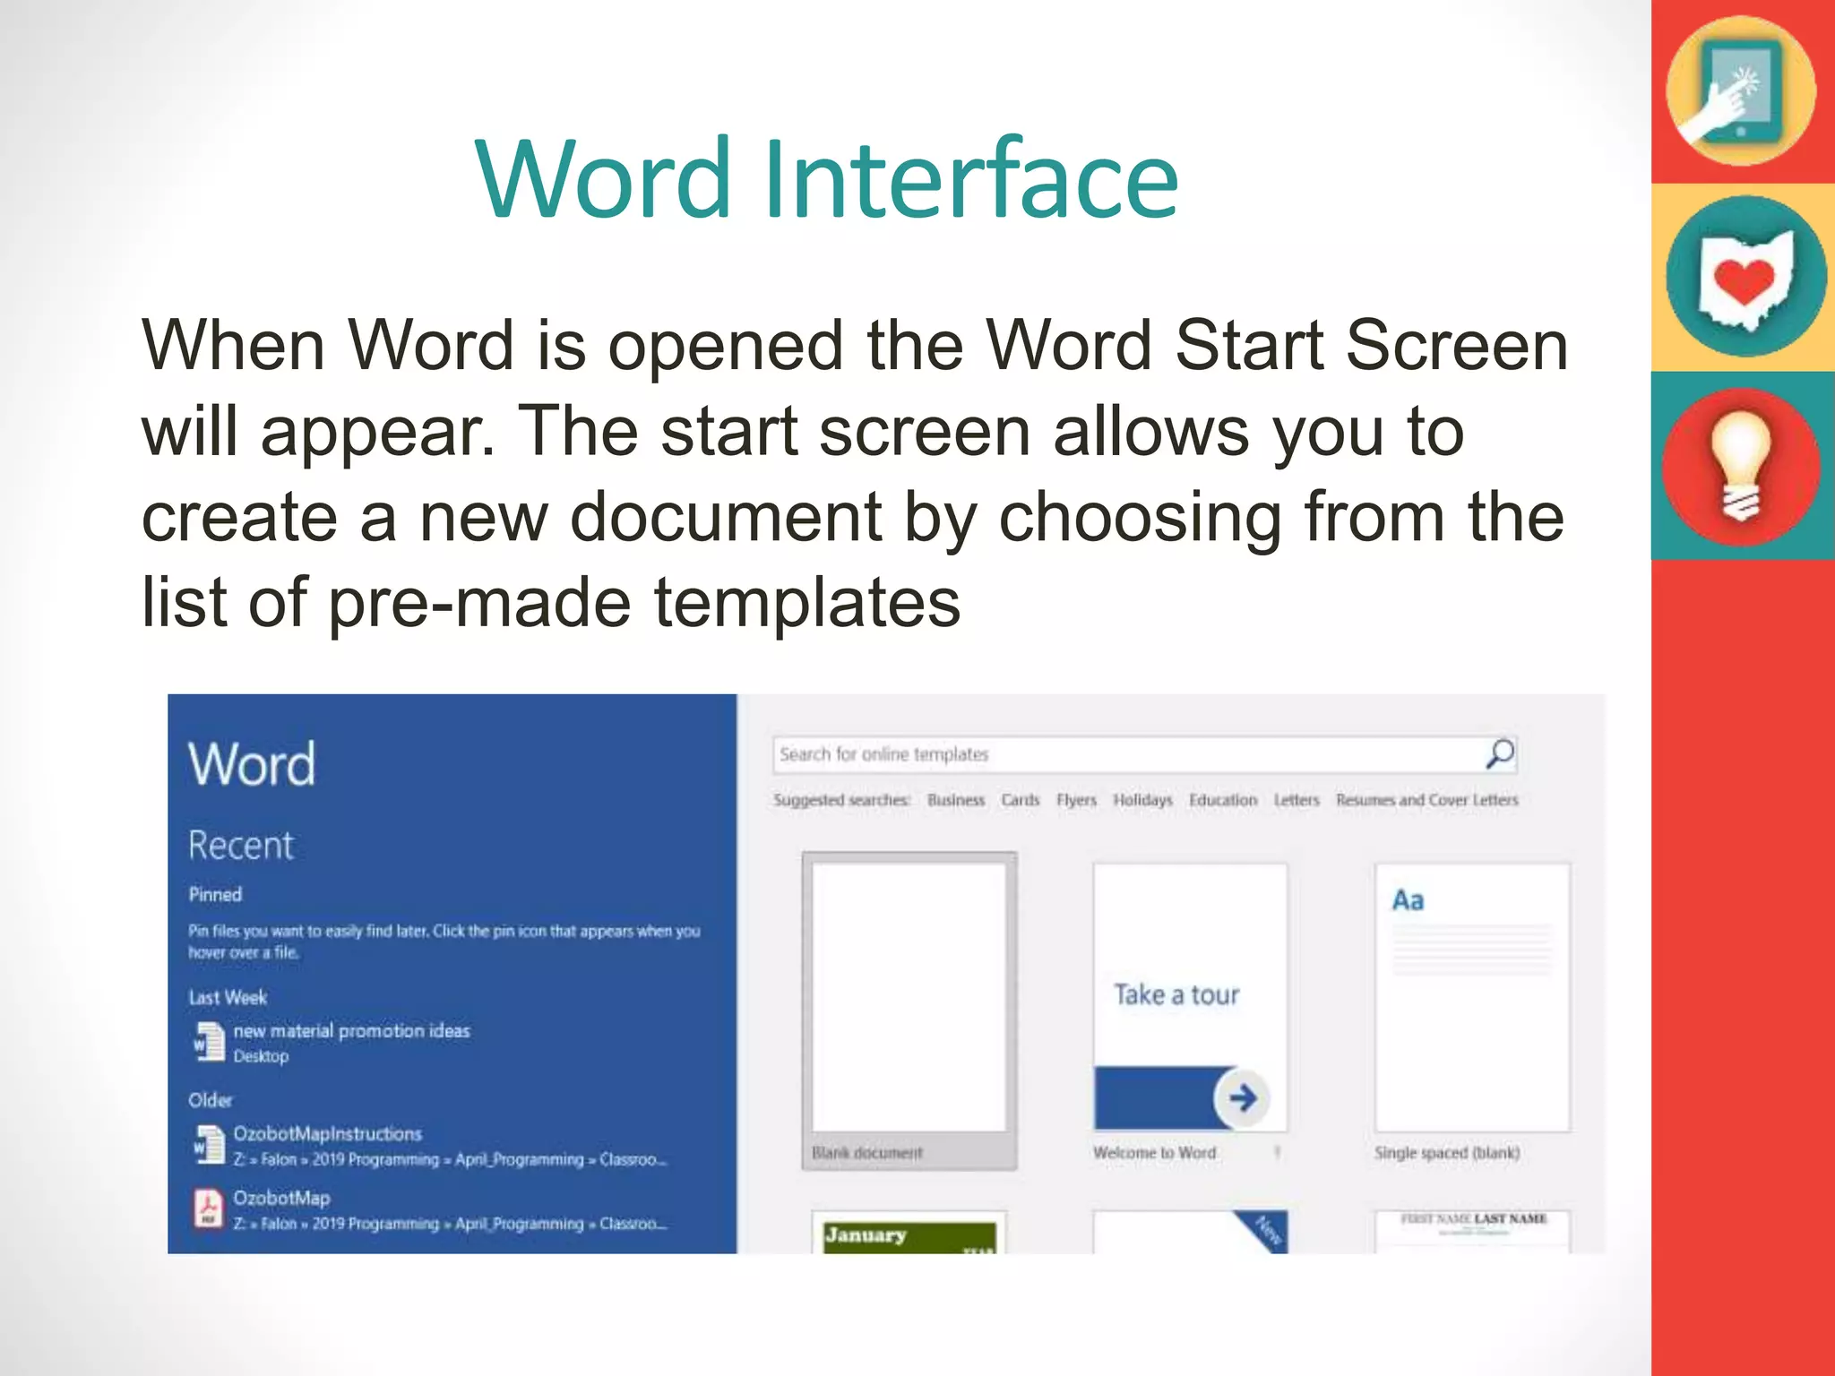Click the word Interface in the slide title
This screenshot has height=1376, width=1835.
(971, 179)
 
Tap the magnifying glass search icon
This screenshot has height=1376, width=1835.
(1499, 754)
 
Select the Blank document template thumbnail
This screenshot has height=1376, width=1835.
(909, 996)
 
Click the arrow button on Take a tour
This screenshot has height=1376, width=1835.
(1242, 1097)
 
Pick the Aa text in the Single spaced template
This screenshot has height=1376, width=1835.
(1408, 900)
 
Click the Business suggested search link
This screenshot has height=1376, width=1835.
(955, 800)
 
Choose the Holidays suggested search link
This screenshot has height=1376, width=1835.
(1142, 800)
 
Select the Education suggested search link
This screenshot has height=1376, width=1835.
(1223, 800)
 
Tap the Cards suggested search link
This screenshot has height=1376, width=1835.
(1020, 800)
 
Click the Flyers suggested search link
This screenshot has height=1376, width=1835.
(1076, 800)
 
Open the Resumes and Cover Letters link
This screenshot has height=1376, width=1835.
(1426, 800)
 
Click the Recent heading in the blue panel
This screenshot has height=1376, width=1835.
(240, 845)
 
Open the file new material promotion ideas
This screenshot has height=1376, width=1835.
(351, 1031)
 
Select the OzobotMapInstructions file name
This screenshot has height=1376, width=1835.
(327, 1134)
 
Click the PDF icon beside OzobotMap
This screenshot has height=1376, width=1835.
(209, 1208)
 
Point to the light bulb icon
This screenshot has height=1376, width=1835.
(1741, 467)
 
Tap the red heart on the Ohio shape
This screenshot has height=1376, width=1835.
(1744, 280)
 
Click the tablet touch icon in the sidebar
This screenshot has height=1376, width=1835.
(1740, 91)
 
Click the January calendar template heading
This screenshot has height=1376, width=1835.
(866, 1235)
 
